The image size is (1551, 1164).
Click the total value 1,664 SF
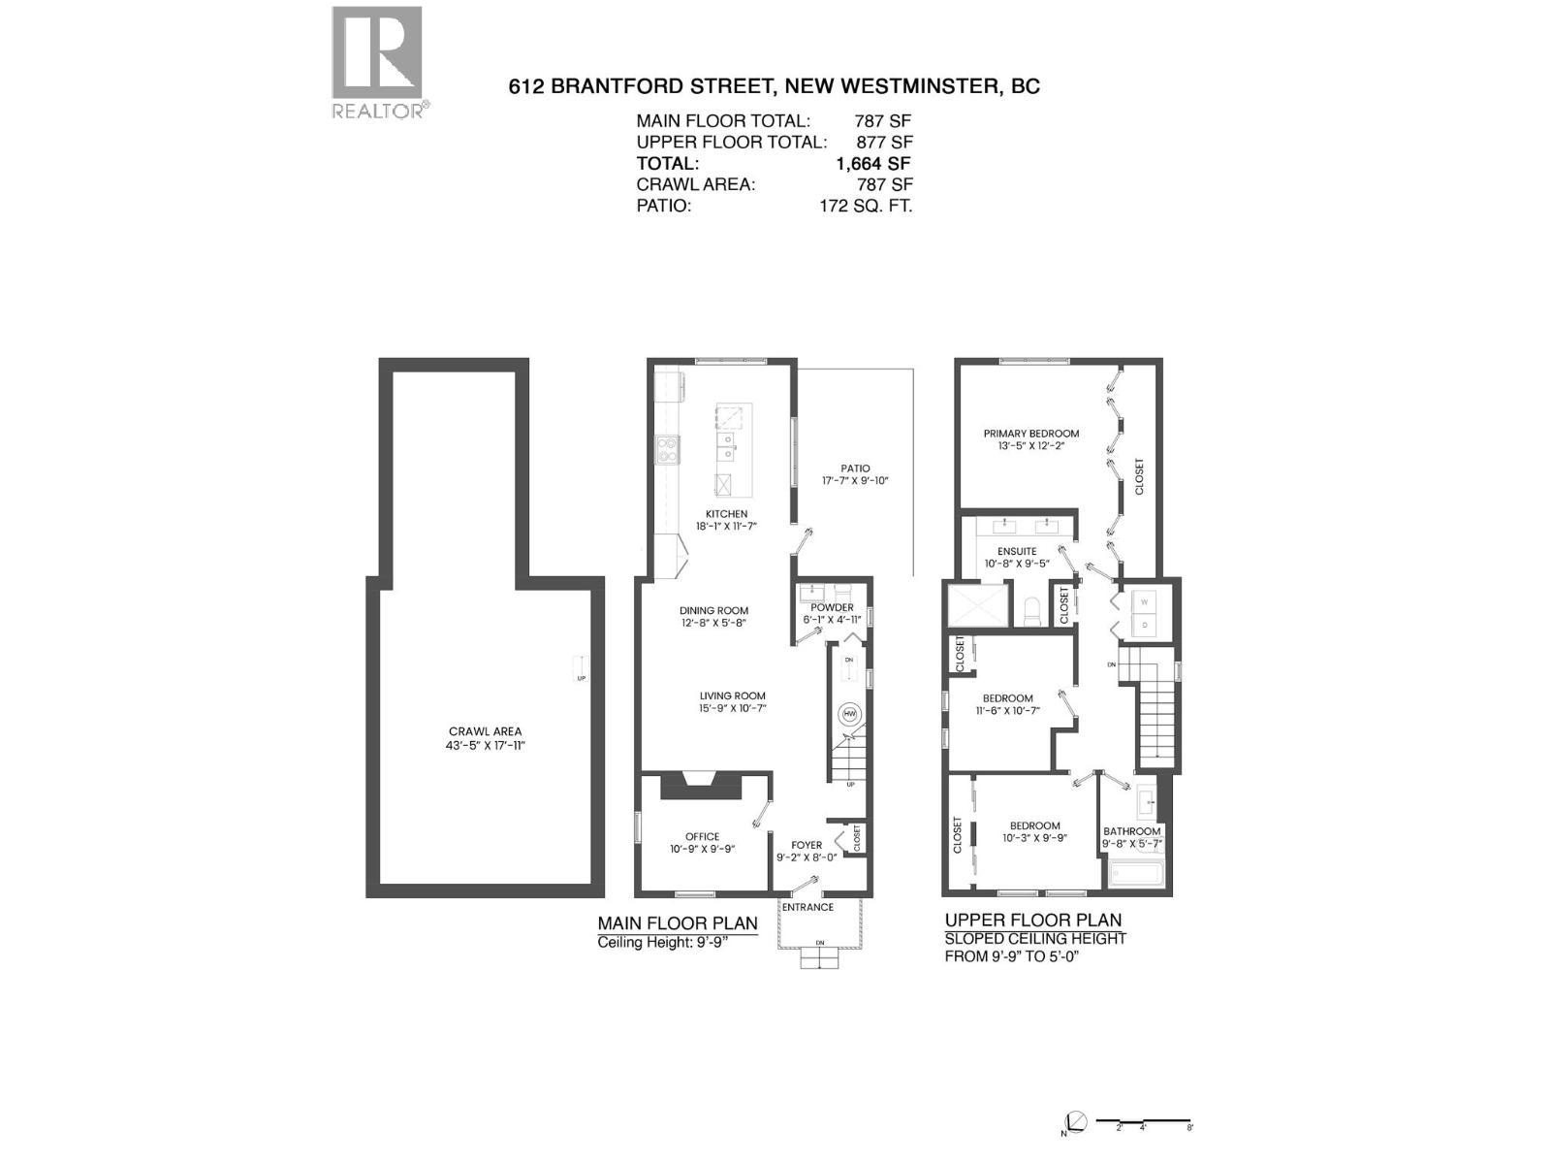tap(872, 164)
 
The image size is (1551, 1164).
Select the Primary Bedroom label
tap(1030, 434)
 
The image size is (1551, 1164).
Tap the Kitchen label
tap(726, 514)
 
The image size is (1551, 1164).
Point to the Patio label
tap(855, 469)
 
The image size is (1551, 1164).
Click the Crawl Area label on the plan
tap(485, 731)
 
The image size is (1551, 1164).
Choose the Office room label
tap(702, 836)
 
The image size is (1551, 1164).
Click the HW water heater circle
tap(850, 713)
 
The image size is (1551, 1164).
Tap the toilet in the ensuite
tap(1032, 611)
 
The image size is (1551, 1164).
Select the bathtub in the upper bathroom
tap(1137, 876)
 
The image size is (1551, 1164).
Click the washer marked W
tap(1144, 602)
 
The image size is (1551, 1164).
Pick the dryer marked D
tap(1144, 626)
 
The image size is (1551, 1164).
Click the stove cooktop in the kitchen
tap(668, 449)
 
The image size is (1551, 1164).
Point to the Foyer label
tap(807, 845)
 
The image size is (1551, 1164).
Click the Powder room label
tap(832, 608)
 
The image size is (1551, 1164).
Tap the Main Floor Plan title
tap(677, 923)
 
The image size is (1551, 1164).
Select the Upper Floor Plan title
tap(1032, 921)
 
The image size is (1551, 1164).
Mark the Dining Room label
tap(713, 611)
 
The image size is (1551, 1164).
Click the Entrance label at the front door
tap(807, 907)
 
